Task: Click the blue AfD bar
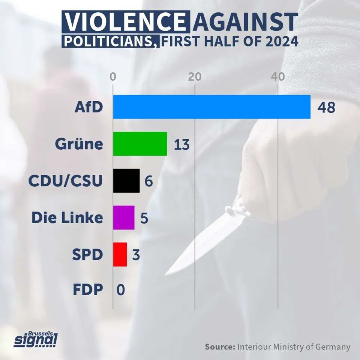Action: [211, 107]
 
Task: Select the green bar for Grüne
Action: [140, 144]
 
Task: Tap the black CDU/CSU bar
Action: [126, 181]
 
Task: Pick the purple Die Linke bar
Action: [124, 217]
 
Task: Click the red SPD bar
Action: [120, 254]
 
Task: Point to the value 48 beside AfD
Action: [325, 107]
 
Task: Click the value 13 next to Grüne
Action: [182, 144]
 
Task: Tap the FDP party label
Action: [88, 290]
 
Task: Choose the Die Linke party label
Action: [67, 217]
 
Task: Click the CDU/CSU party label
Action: [66, 181]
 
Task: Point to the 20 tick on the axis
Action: [195, 76]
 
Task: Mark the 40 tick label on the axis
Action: [277, 76]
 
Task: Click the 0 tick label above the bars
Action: [113, 76]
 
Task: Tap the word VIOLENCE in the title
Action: [123, 22]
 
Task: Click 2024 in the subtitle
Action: [280, 41]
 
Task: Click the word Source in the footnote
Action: [219, 346]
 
